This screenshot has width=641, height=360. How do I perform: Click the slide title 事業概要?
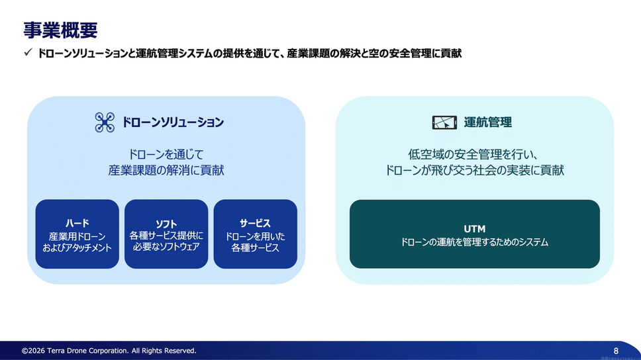point(60,29)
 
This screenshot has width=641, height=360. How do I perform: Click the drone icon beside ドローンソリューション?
point(105,122)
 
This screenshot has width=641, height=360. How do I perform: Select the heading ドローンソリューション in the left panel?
point(173,122)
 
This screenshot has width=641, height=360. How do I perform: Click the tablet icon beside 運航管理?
point(444,122)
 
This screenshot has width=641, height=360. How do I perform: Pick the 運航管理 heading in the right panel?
point(488,122)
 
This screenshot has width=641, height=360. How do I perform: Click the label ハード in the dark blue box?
point(77,223)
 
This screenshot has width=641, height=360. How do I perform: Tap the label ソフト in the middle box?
point(166,224)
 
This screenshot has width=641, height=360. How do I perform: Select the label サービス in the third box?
point(255,223)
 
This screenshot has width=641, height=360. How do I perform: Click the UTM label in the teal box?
point(475,229)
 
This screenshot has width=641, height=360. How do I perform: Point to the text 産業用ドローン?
point(77,236)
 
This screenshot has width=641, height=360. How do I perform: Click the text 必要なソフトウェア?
point(166,247)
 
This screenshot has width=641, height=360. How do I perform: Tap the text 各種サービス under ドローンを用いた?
point(255,248)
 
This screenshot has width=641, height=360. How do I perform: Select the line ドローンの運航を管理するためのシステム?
point(475,243)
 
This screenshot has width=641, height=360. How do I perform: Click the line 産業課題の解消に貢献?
point(166,171)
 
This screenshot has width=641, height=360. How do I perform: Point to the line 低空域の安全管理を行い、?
point(475,155)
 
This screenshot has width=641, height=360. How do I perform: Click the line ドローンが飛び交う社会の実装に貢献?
point(475,171)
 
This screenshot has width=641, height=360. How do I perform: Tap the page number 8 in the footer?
point(616,350)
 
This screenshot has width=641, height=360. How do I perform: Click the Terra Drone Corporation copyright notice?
point(109,351)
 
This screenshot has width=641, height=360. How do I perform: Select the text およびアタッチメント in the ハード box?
point(77,248)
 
